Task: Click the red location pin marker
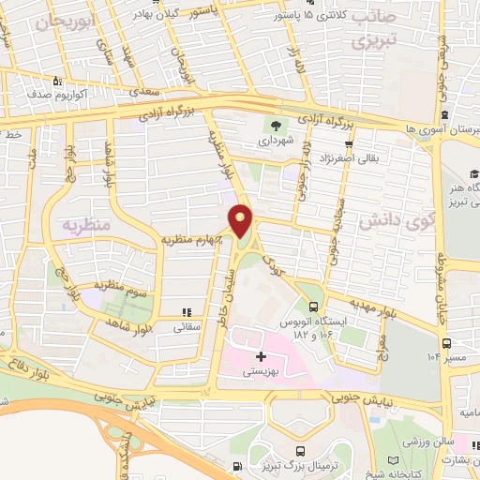point(242,221)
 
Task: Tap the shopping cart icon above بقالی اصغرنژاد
point(349,143)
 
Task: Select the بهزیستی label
point(261,371)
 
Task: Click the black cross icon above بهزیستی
point(261,356)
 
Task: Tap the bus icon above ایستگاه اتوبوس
point(313,307)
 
